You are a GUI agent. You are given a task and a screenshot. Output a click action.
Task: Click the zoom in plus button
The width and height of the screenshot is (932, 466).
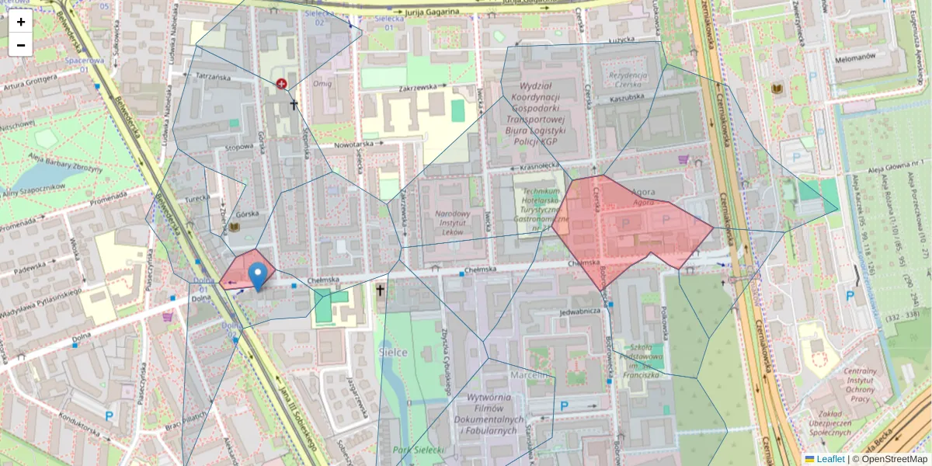point(21,22)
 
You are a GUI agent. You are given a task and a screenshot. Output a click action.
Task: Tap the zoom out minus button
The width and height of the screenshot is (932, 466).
point(21,45)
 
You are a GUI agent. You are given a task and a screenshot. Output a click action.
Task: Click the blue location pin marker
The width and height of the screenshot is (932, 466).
point(258,276)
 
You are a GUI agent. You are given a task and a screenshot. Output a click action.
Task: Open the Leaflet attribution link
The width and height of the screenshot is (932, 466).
point(830,459)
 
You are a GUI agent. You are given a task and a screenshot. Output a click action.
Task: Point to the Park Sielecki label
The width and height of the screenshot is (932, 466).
point(417,450)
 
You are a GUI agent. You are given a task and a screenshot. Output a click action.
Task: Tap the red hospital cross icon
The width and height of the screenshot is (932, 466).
point(281,83)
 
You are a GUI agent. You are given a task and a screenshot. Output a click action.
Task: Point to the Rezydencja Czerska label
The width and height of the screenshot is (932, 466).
point(628,79)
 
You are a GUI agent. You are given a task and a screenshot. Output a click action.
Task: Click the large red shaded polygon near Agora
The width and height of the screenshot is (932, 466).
point(629,225)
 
